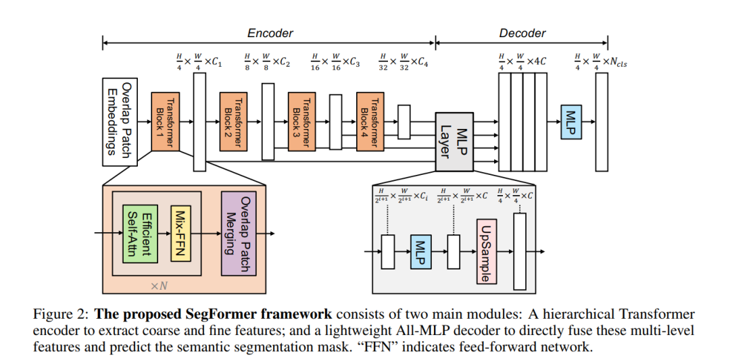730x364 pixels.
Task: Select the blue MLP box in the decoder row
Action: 570,122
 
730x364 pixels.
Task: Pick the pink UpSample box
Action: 487,251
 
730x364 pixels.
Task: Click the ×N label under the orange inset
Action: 159,286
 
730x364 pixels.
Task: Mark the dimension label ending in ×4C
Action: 523,61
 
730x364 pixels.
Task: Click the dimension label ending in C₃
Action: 336,62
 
